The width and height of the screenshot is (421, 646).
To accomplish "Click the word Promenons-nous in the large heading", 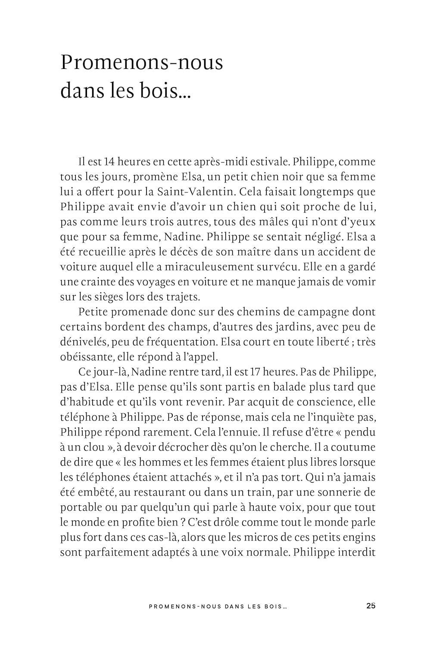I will click(141, 63).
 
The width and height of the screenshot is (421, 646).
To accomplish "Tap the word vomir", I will click(362, 282).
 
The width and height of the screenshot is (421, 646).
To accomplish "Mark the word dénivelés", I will click(84, 342).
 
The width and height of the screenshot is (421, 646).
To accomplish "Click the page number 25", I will click(371, 606).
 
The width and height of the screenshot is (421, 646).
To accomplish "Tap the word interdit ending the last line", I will click(356, 552).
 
